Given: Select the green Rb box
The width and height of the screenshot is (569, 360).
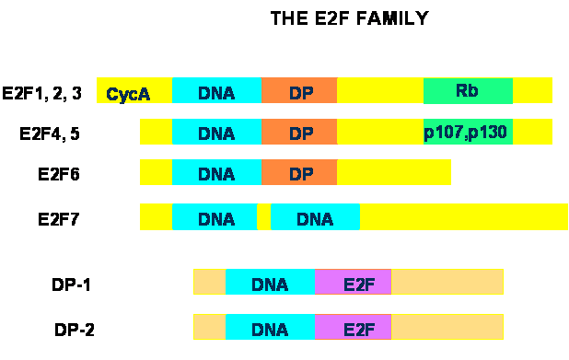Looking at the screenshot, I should pos(468,91).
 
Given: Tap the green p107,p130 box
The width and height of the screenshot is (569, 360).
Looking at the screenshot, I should pos(468,132).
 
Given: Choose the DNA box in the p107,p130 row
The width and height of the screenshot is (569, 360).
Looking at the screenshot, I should pos(216,132).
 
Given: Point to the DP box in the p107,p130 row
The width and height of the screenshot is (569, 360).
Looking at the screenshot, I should pos(299,132).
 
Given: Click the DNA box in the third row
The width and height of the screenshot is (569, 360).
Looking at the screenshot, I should pos(216,172).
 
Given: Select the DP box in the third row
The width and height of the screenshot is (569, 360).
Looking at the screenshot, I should pos(299,172).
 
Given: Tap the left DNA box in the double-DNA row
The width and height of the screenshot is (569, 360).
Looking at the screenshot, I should pos(215,217).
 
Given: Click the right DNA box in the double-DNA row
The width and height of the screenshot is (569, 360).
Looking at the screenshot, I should pos(315,217).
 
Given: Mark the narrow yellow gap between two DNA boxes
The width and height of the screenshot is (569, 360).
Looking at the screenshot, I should pos(263,217).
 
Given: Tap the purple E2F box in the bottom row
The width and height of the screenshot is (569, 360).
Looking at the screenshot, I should pos(353,327).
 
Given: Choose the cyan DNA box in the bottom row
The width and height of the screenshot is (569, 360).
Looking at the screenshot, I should pos(270,327).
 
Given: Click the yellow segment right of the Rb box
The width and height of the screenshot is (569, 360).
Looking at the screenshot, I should pos(532,91).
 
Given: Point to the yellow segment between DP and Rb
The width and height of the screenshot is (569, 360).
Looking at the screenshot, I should pos(380,91).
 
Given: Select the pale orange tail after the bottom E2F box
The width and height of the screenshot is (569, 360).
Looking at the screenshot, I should pos(447,327).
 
